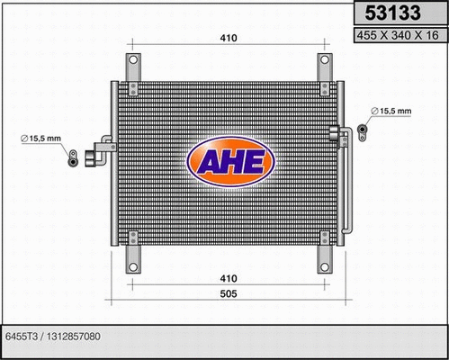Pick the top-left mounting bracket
pos(134,70)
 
